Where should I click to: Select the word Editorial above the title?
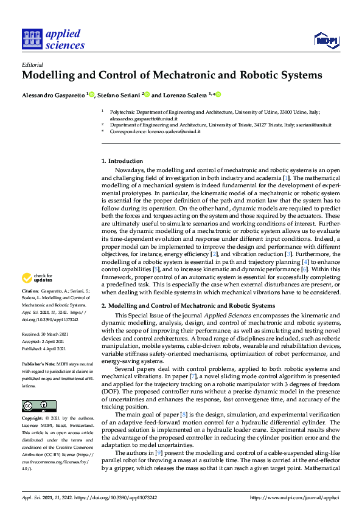click(x=32, y=64)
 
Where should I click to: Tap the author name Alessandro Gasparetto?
click(x=54, y=95)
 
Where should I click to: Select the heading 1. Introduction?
click(x=122, y=161)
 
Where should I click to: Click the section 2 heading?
click(x=187, y=305)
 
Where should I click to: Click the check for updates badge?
click(x=37, y=278)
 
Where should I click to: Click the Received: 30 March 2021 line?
click(x=47, y=334)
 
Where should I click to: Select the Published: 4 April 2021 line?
click(x=46, y=348)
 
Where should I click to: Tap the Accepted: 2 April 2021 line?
click(x=46, y=341)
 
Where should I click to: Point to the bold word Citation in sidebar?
click(x=32, y=292)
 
